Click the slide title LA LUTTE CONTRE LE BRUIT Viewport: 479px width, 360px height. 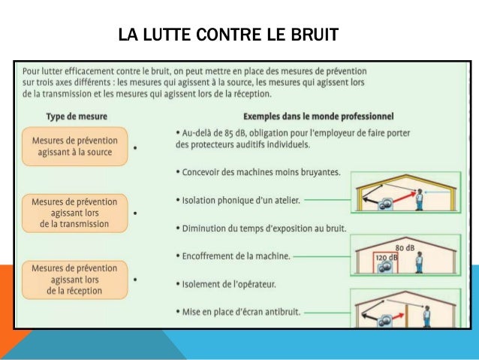coord(228,35)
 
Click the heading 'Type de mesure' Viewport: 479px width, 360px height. coord(77,116)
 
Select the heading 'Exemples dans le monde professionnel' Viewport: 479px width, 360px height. coord(319,116)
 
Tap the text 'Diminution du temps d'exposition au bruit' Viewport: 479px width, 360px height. coord(264,228)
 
